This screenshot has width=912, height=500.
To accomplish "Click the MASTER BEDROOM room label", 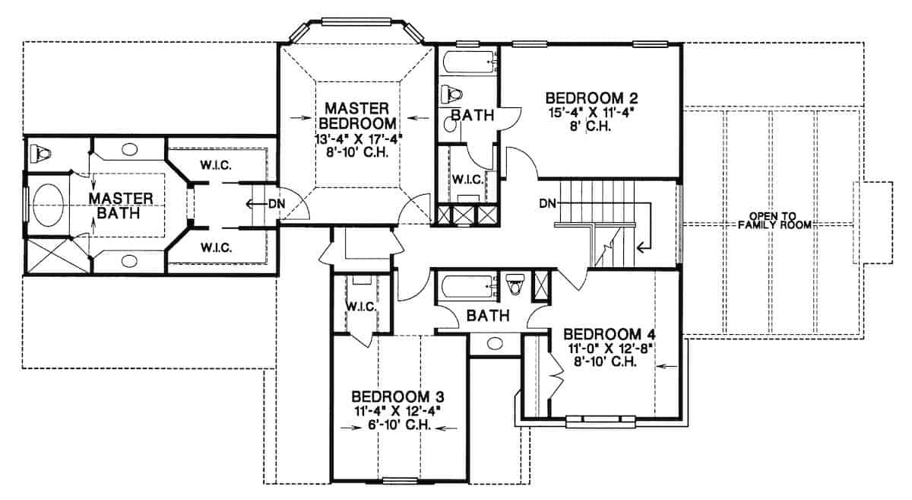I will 356,115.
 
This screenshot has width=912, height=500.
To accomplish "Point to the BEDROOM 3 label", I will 397,397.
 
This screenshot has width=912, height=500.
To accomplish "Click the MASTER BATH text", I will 121,205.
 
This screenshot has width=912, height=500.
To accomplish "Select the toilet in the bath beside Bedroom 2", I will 453,94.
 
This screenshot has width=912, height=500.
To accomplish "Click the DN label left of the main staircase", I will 546,203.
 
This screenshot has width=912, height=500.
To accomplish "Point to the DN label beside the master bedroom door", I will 276,203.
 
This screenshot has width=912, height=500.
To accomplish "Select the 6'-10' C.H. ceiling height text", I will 397,425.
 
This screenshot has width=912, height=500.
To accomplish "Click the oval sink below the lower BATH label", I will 498,342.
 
